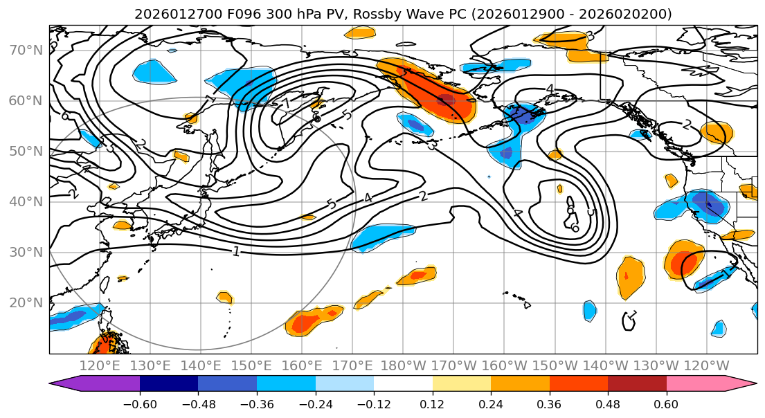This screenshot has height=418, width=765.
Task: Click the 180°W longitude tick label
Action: click(x=403, y=365)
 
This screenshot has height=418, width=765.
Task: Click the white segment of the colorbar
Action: click(x=403, y=383)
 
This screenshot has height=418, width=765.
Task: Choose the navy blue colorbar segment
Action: click(x=168, y=383)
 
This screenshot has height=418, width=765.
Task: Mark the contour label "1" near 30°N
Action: click(x=237, y=251)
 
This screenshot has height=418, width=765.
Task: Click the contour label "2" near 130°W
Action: click(x=687, y=125)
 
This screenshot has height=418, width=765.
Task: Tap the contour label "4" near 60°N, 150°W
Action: click(x=550, y=89)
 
